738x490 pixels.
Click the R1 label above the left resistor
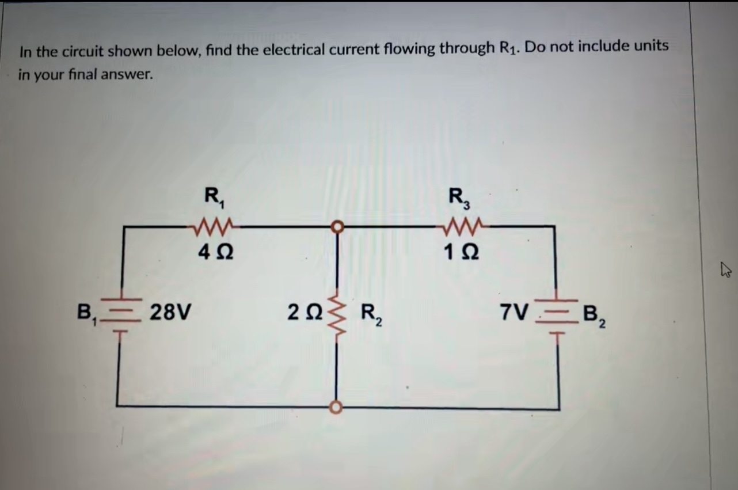click(x=216, y=198)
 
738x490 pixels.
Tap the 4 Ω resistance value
click(x=216, y=252)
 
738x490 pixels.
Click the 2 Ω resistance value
click(x=305, y=314)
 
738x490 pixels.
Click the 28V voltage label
click(x=171, y=314)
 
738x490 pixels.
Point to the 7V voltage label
click(x=513, y=313)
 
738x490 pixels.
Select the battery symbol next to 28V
click(x=121, y=315)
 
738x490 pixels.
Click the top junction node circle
click(x=337, y=227)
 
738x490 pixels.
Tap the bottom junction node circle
click(x=337, y=408)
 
